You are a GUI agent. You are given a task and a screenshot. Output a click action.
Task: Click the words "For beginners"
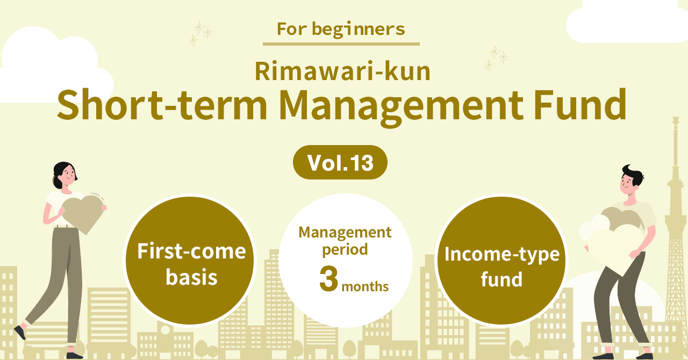[341, 30]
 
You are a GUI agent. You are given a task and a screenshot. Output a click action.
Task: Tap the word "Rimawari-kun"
[342, 71]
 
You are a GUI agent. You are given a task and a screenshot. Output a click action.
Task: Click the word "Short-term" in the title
[162, 105]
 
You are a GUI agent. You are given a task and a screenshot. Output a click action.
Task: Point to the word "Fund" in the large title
[580, 104]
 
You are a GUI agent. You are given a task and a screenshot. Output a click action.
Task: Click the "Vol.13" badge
[340, 162]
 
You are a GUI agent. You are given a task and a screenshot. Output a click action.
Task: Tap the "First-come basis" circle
[190, 261]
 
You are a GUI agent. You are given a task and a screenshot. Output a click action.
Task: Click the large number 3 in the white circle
[328, 279]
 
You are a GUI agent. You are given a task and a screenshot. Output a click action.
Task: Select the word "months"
[365, 286]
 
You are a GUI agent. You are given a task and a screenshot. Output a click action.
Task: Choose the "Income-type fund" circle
[501, 261]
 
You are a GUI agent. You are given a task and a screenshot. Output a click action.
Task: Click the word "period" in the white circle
[345, 250]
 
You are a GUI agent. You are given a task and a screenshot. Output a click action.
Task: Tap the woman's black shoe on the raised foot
[20, 332]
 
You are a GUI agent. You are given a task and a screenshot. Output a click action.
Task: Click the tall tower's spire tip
[676, 117]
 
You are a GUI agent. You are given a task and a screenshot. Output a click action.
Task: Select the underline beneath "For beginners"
[341, 44]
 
